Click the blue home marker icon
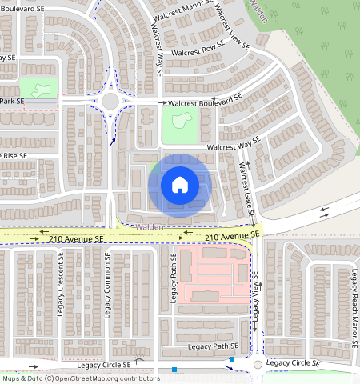(x=180, y=185)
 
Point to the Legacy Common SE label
(x=106, y=284)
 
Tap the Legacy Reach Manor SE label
(x=353, y=304)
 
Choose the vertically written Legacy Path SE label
(x=172, y=277)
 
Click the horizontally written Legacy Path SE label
(x=213, y=346)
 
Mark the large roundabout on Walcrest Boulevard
(x=111, y=101)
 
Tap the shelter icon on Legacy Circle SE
(x=140, y=361)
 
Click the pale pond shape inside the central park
(x=180, y=122)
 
